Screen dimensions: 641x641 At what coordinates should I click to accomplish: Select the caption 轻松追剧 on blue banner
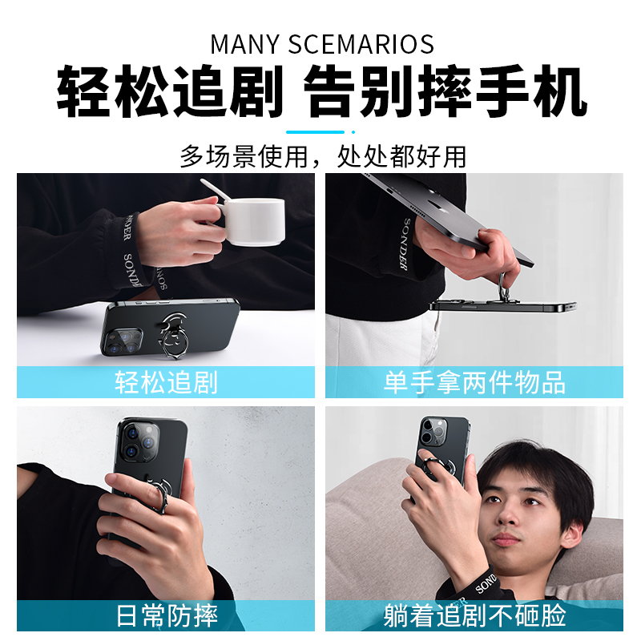point(166,382)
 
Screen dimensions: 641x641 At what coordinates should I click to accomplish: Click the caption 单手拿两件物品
point(474,382)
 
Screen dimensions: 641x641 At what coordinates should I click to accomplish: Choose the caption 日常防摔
point(167,615)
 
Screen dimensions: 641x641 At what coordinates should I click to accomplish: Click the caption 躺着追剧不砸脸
point(474,615)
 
